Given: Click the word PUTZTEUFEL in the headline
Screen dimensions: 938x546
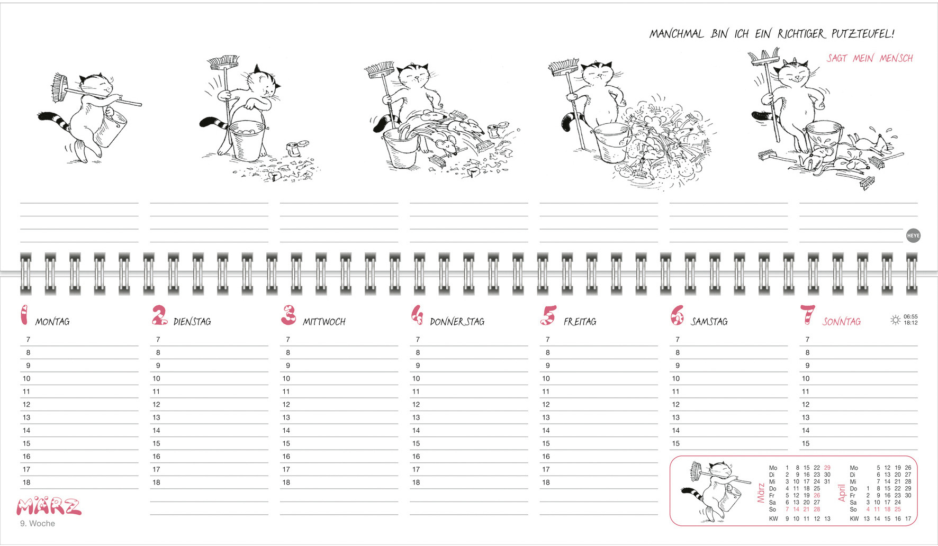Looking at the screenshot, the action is tap(862, 34).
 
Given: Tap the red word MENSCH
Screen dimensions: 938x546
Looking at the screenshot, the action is tap(896, 58).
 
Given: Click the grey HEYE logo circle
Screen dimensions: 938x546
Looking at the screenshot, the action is tap(913, 236).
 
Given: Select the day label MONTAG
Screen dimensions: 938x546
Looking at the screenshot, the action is tap(52, 322).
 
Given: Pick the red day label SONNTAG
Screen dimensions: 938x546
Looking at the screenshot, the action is tap(842, 322).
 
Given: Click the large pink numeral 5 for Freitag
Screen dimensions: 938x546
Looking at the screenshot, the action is tap(548, 315).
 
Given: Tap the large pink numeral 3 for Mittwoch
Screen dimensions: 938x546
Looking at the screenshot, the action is tap(288, 315).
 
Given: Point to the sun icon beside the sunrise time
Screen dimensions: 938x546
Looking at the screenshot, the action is tap(895, 320).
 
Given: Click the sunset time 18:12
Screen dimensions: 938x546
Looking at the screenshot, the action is tap(910, 323).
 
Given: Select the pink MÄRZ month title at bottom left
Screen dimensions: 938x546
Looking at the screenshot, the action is tap(49, 506).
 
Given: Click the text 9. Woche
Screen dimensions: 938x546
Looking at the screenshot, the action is tap(38, 523).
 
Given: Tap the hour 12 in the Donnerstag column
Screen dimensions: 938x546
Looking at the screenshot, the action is tap(416, 405).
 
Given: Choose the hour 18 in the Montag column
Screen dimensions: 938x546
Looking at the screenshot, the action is tap(26, 483).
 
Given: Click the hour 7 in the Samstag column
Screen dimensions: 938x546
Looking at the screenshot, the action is tap(678, 340).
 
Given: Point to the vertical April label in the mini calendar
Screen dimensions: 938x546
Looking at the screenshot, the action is tap(842, 493).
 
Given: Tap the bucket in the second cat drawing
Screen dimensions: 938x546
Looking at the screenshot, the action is tap(247, 139).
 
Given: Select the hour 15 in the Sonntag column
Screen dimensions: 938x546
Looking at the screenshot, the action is tap(806, 444).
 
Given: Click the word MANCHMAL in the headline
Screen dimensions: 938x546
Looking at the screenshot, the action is tap(677, 34).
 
